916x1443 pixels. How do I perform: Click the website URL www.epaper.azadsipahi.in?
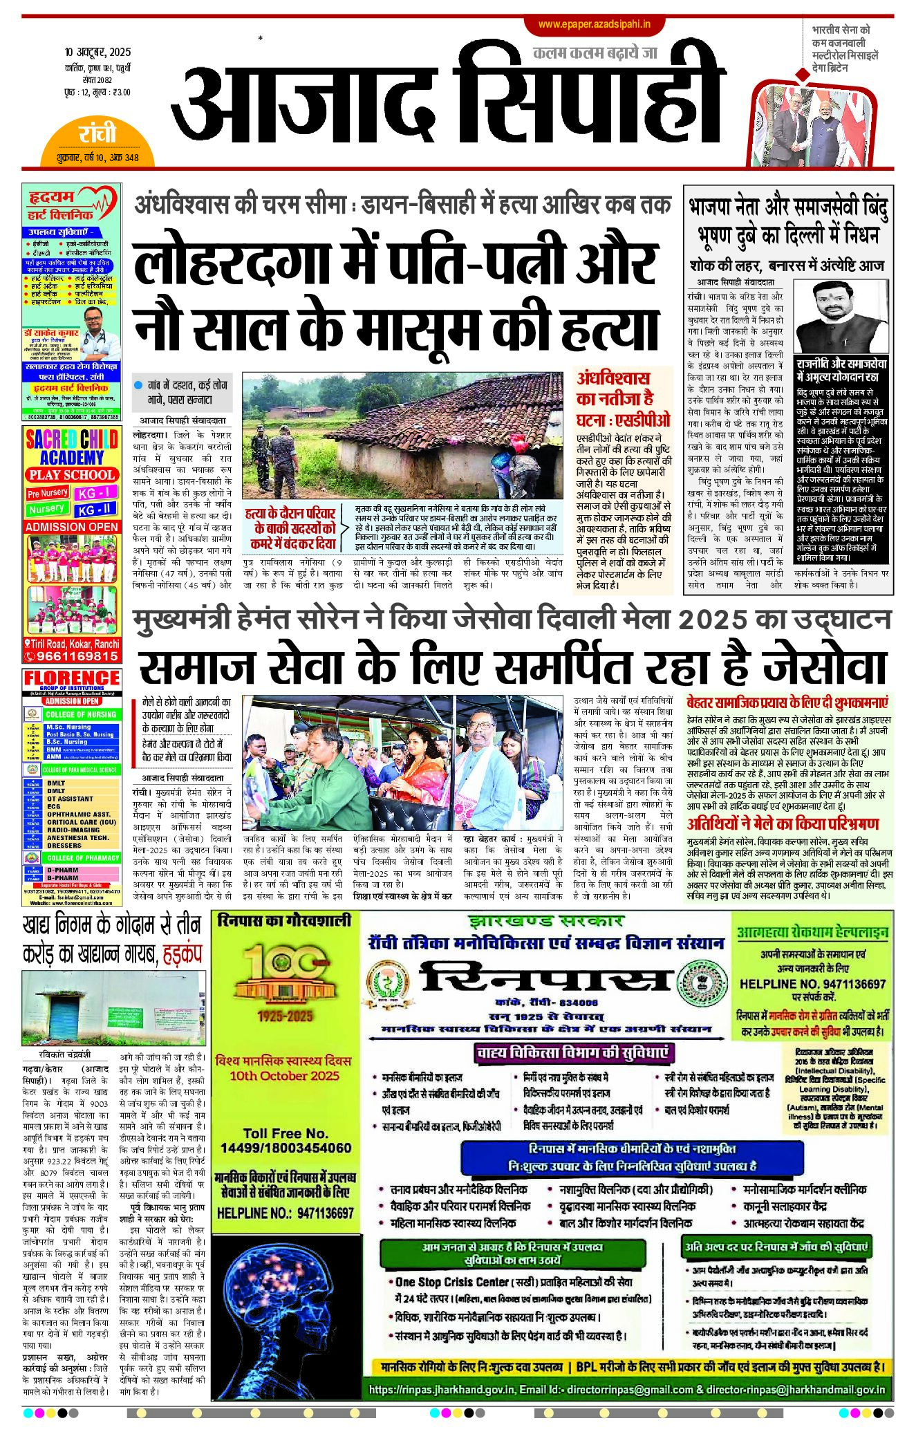[594, 24]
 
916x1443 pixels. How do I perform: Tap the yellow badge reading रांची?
[97, 133]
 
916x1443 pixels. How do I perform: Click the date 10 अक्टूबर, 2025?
[97, 52]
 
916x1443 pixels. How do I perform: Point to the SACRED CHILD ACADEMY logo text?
[71, 447]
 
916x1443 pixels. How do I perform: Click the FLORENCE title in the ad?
[71, 678]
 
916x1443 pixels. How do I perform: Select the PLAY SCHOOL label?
[72, 475]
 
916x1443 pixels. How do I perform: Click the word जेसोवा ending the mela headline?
[823, 667]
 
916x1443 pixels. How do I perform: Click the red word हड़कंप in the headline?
[182, 954]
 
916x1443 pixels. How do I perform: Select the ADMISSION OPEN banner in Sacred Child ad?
[72, 526]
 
